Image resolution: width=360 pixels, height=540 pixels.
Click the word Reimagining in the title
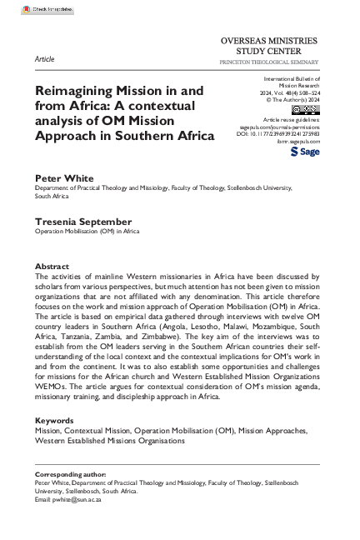tap(74, 92)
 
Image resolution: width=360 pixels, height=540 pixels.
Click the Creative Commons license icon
tap(304, 110)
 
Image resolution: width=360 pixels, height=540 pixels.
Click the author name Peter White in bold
tap(63, 177)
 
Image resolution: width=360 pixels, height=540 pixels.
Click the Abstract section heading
tap(51, 266)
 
